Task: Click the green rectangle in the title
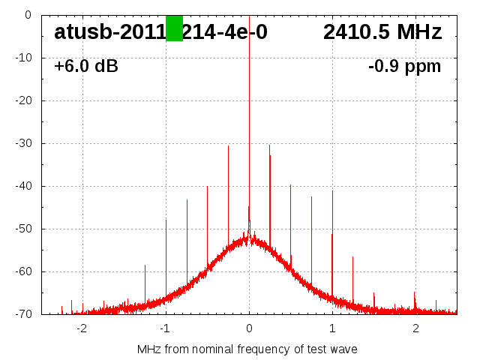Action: pos(174,28)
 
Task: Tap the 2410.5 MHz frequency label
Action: pos(382,32)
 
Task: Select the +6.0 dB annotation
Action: pos(85,67)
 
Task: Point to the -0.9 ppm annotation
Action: pos(404,67)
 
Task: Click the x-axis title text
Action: pos(247,349)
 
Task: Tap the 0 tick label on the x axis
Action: pos(249,328)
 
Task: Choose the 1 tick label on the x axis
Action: pos(332,328)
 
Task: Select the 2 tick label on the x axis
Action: pos(415,328)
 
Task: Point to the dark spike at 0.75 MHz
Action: pos(311,240)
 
